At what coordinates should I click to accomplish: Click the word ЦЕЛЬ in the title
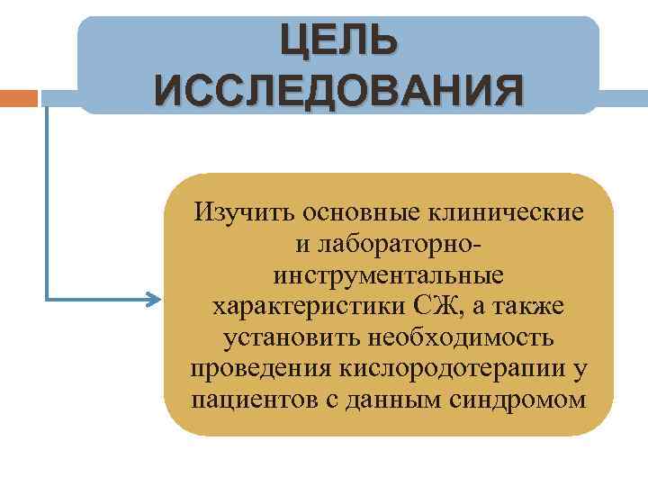337,39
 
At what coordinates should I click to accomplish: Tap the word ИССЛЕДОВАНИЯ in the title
337,90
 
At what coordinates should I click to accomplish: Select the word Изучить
247,212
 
